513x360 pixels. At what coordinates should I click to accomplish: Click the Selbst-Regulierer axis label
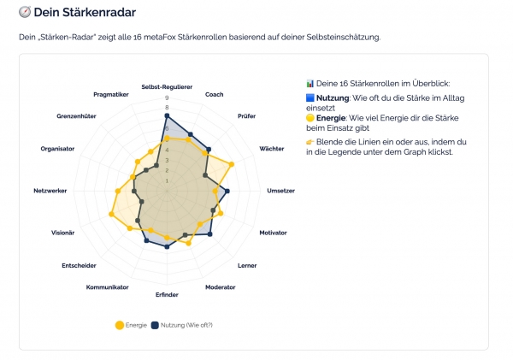tap(167, 86)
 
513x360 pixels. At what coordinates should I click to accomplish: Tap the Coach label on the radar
tap(215, 94)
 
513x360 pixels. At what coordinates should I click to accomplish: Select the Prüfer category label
tap(246, 115)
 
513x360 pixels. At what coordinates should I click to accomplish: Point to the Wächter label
tap(271, 149)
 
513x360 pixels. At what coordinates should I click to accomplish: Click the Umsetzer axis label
tap(280, 190)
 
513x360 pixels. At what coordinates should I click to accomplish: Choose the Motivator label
tap(273, 233)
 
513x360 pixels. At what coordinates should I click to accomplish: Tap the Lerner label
tap(247, 266)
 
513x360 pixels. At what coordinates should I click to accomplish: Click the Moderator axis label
tap(221, 287)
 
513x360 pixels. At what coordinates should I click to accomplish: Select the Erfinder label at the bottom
tap(167, 295)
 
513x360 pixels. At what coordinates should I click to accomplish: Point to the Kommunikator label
tap(108, 287)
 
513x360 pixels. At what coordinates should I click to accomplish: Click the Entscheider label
tap(79, 266)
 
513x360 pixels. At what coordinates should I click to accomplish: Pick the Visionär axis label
tap(63, 233)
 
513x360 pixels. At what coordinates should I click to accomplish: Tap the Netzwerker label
tap(50, 190)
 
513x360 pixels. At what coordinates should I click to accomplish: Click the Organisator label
tap(57, 149)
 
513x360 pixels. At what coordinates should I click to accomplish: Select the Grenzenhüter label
tap(76, 115)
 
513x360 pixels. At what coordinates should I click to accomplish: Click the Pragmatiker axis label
tap(111, 94)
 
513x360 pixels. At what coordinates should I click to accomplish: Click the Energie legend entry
tap(131, 325)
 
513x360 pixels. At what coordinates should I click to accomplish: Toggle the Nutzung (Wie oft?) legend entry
tap(181, 325)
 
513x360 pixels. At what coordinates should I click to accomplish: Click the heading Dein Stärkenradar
tap(83, 13)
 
